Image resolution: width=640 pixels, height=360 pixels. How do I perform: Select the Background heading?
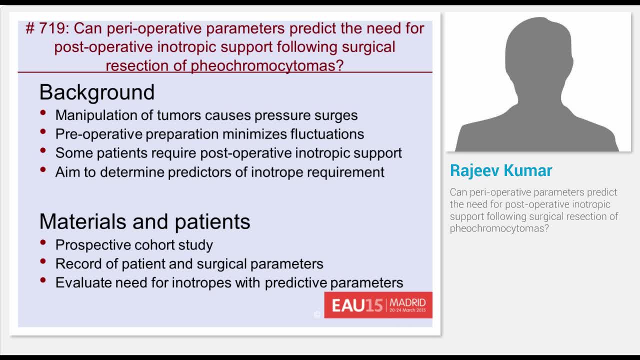click(96, 92)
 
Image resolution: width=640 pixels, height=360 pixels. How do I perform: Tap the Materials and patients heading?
click(144, 221)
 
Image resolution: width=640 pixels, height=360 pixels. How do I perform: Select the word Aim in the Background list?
click(67, 172)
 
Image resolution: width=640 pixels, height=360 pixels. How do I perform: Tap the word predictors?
click(207, 172)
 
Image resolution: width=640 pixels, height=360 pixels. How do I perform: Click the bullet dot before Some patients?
click(44, 150)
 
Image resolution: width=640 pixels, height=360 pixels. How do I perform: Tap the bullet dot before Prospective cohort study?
click(44, 243)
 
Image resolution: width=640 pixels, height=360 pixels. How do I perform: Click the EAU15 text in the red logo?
click(357, 305)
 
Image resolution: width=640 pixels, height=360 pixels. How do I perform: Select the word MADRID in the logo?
click(407, 302)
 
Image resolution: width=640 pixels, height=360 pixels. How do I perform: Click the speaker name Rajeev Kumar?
click(501, 170)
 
